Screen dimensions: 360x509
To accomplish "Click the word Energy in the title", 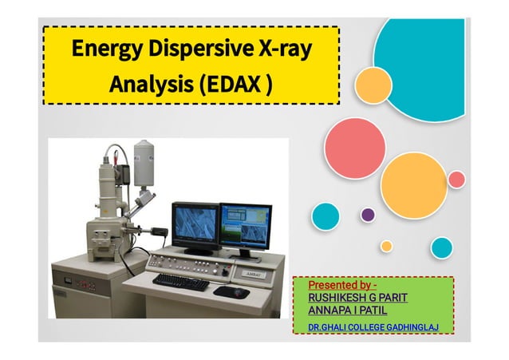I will click(x=98, y=49).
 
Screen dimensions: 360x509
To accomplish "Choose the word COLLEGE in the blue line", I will click(x=368, y=327).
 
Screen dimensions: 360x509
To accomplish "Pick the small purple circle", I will click(x=368, y=214).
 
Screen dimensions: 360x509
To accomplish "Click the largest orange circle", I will click(x=413, y=185).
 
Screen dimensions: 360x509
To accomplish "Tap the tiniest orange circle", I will click(x=386, y=246).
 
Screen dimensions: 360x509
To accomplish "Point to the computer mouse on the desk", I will click(x=232, y=291).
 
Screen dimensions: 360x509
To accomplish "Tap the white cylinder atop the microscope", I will click(x=144, y=161).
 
